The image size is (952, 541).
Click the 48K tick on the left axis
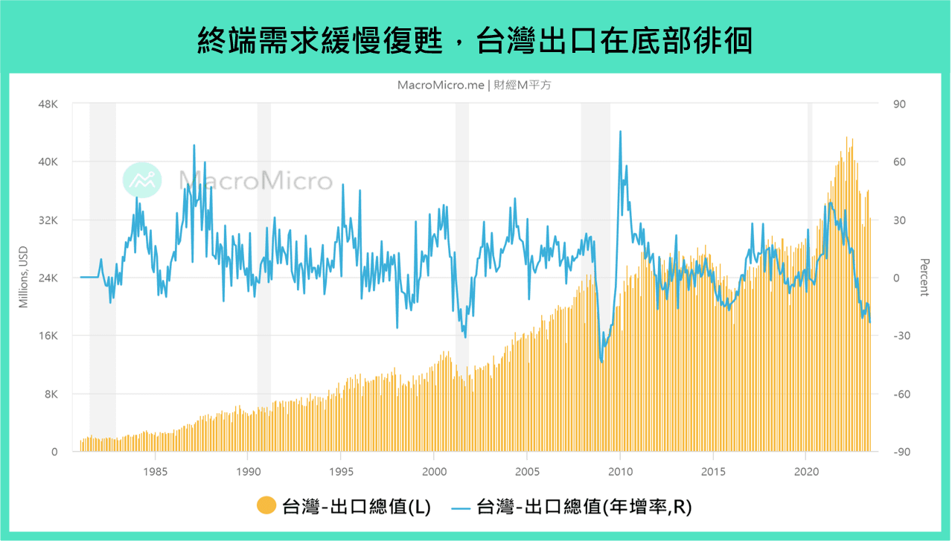pyautogui.click(x=48, y=104)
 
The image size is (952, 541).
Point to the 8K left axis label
pyautogui.click(x=50, y=394)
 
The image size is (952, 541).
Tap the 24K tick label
pyautogui.click(x=48, y=278)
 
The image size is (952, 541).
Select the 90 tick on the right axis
pyautogui.click(x=899, y=104)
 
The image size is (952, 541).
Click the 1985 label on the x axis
pyautogui.click(x=155, y=471)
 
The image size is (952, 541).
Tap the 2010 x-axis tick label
pyautogui.click(x=620, y=471)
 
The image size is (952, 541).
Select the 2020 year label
pyautogui.click(x=806, y=471)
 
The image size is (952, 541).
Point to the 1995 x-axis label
pyautogui.click(x=341, y=471)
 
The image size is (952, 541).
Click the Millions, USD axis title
pyautogui.click(x=24, y=278)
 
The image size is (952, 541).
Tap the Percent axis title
pyautogui.click(x=924, y=278)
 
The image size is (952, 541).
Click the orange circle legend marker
pyautogui.click(x=266, y=506)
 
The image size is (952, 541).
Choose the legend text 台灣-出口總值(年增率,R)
pyautogui.click(x=584, y=506)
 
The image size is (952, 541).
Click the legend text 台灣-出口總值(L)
pyautogui.click(x=357, y=506)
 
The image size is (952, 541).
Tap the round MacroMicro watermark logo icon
pyautogui.click(x=142, y=179)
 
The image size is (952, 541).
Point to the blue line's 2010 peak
pyautogui.click(x=620, y=132)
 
